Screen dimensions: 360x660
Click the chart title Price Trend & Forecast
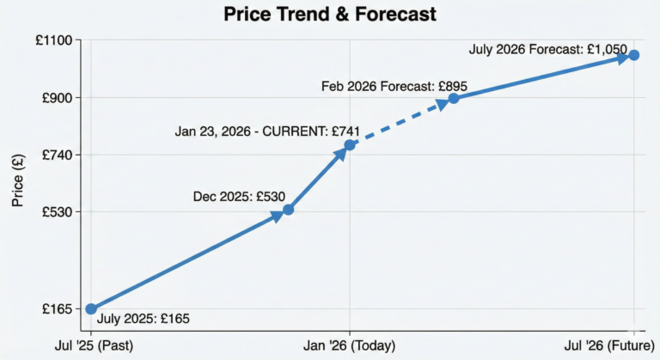pyautogui.click(x=329, y=15)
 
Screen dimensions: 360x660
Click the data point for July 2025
pyautogui.click(x=91, y=308)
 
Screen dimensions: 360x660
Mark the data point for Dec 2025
pyautogui.click(x=289, y=210)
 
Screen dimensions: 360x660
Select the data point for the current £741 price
pyautogui.click(x=350, y=144)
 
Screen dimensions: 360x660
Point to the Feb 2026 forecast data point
pyautogui.click(x=454, y=98)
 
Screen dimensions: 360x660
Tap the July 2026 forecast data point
pyautogui.click(x=633, y=55)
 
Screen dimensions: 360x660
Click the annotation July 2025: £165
pyautogui.click(x=143, y=320)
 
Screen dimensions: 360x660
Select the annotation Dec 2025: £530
pyautogui.click(x=239, y=197)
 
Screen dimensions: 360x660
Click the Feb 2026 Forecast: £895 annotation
pyautogui.click(x=394, y=86)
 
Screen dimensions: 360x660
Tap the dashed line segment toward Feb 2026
pyautogui.click(x=400, y=122)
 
